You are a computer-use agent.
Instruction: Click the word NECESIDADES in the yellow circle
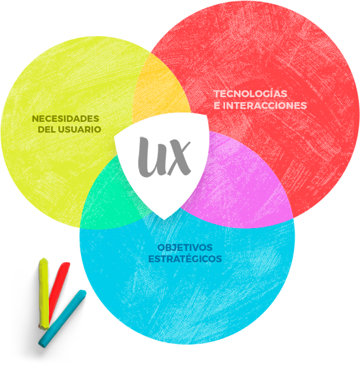click(65, 119)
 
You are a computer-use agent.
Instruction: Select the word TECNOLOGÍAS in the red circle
click(251, 94)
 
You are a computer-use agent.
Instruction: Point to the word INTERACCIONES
click(264, 106)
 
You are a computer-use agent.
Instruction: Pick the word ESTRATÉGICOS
click(185, 259)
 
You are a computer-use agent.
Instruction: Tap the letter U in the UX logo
click(152, 157)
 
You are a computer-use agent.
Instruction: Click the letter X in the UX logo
click(179, 158)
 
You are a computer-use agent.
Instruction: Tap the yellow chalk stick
click(44, 294)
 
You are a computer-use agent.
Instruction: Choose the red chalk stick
click(58, 292)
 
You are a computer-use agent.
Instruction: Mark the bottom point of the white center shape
click(164, 220)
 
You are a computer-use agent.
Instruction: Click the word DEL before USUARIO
click(46, 130)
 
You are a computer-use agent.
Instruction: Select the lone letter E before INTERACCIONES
click(217, 106)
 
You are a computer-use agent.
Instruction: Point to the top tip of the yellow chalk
click(44, 259)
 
